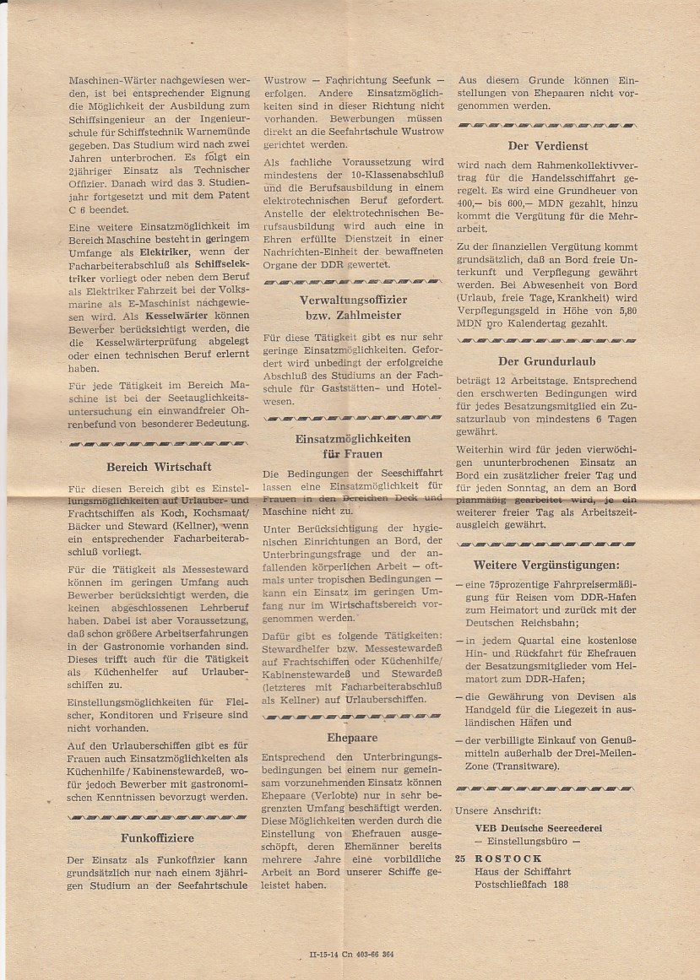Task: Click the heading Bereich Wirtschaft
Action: coord(159,467)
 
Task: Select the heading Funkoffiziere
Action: coord(157,838)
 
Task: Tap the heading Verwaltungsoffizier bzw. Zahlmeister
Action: coord(353,307)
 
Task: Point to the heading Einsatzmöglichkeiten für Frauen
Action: coord(353,447)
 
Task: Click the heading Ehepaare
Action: coord(352,737)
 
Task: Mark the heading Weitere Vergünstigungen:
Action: coord(545,565)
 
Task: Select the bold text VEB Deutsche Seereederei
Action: coord(538,828)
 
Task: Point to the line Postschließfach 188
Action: coord(521,885)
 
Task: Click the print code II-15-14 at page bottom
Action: coord(326,955)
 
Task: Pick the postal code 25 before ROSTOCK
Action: coord(460,859)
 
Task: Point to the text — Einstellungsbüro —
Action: coord(528,842)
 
